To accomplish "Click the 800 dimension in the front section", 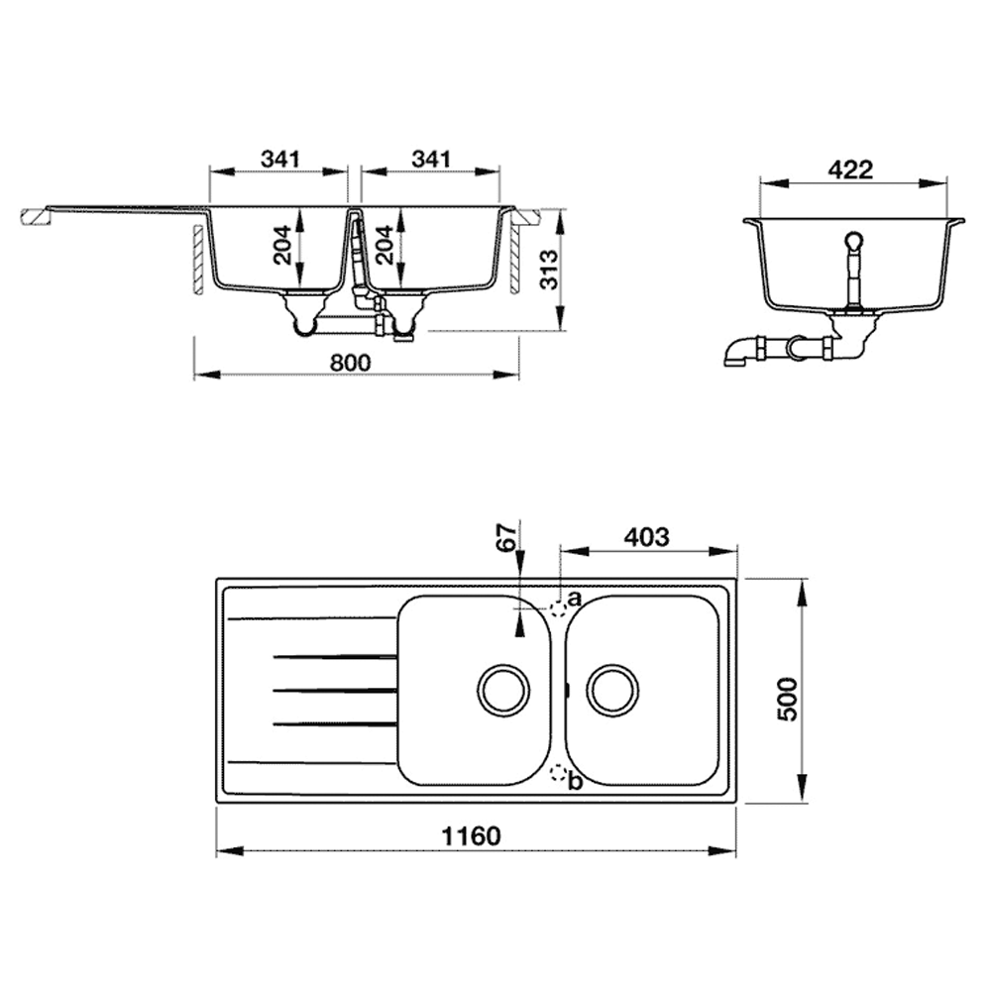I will (350, 363).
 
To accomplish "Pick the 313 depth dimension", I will (549, 269).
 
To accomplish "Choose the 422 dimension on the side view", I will (849, 169).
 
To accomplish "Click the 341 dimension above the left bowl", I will (280, 159).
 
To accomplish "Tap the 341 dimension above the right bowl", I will (431, 159).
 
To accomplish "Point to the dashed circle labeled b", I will (559, 776).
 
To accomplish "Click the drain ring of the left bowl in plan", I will (503, 690).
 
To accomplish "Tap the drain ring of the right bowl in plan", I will (612, 690).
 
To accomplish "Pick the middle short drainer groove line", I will (334, 690).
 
